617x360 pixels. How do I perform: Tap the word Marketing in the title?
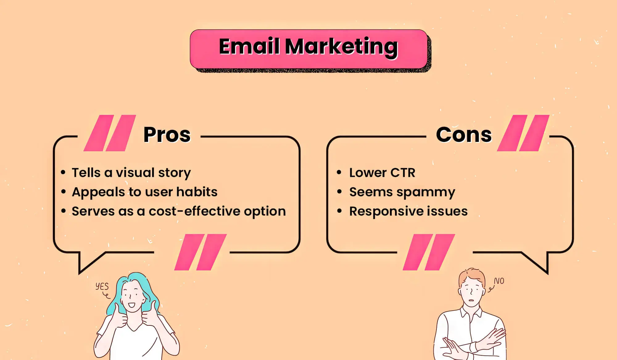coord(342,48)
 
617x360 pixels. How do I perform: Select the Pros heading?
coord(167,135)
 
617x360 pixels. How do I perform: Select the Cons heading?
coord(464,135)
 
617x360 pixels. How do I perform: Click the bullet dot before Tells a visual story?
coord(63,172)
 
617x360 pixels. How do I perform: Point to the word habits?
coord(197,192)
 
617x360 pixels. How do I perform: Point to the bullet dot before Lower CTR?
coord(339,172)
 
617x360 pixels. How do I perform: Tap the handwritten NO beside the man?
coord(499,281)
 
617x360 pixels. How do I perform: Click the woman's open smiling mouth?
coord(131,305)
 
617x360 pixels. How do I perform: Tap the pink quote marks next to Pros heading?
coord(110,133)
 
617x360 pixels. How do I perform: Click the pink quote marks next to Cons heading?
coord(523,133)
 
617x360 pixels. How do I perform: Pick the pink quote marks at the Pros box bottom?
coord(201,252)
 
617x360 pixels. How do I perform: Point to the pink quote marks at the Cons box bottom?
coord(429,252)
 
